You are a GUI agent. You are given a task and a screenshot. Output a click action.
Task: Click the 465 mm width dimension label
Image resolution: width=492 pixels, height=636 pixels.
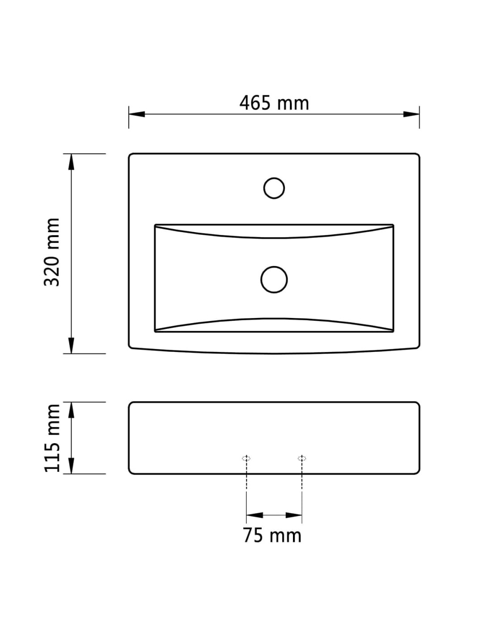pyautogui.click(x=274, y=103)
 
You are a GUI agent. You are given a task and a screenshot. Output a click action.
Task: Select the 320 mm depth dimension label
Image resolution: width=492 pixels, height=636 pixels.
pyautogui.click(x=52, y=252)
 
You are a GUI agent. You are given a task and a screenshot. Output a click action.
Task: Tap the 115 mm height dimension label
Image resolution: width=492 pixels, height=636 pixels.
pyautogui.click(x=52, y=438)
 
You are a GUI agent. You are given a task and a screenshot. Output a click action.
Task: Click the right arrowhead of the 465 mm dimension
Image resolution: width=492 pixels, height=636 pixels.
pyautogui.click(x=411, y=114)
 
